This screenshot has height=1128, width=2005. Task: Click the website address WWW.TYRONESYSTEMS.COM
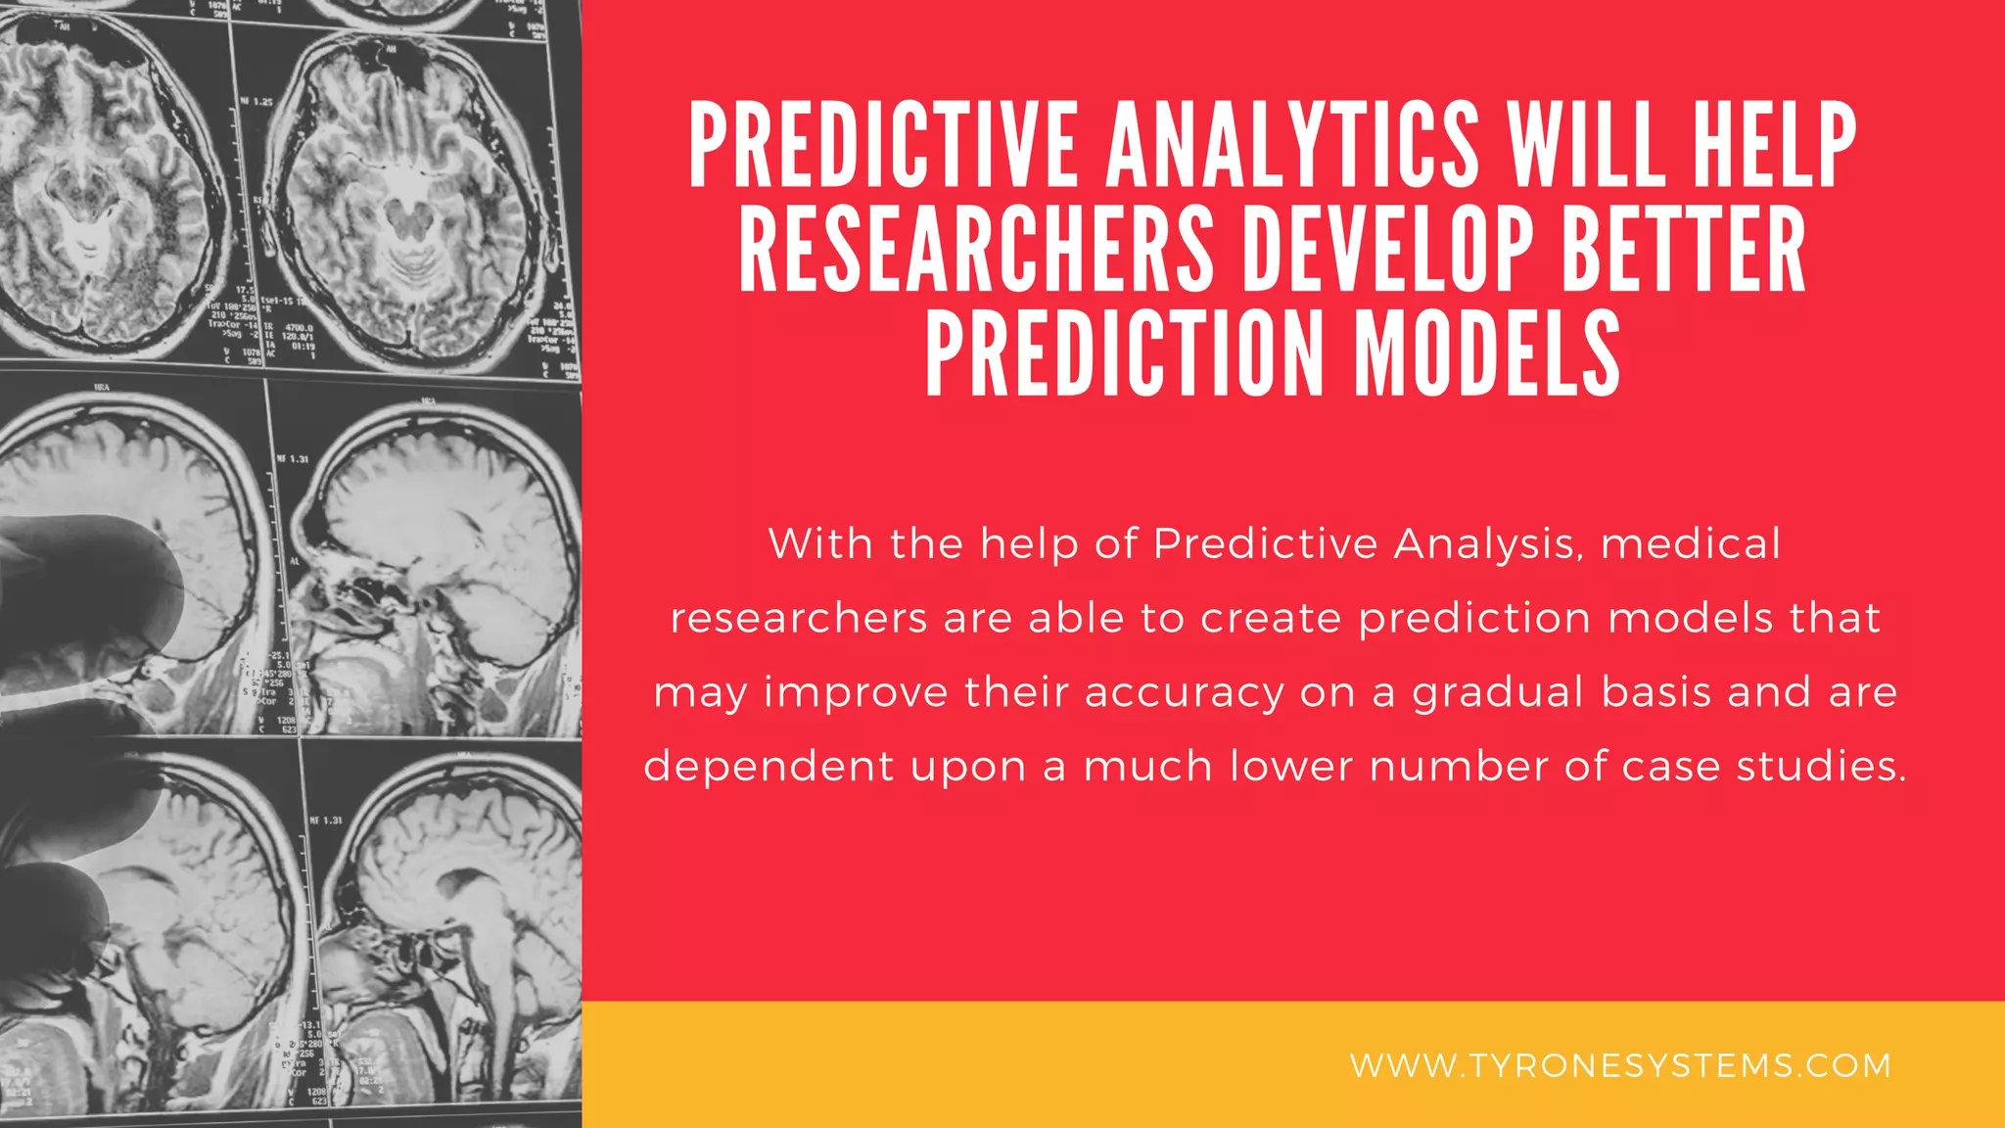[1620, 1065]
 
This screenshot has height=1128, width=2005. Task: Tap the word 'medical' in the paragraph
[1691, 544]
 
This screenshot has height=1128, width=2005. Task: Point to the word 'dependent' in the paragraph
[769, 767]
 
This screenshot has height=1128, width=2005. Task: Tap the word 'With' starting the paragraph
[820, 544]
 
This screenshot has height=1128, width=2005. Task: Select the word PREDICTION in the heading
[1124, 353]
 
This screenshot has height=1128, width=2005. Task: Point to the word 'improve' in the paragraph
[856, 693]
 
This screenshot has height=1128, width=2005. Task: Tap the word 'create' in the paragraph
[1271, 619]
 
